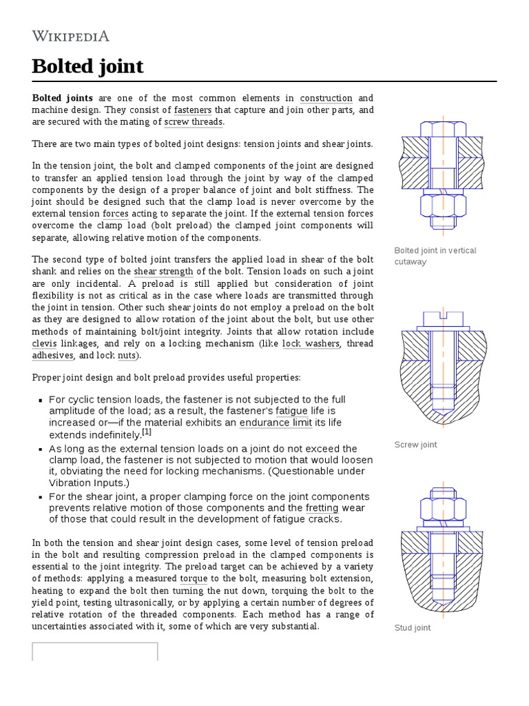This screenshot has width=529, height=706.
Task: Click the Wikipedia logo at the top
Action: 71,37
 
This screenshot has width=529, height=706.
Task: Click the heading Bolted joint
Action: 87,66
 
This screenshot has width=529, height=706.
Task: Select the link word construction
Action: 326,98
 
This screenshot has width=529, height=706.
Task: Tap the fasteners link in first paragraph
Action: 192,110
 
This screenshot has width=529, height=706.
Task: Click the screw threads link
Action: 194,122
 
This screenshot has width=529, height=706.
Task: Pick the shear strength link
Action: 163,271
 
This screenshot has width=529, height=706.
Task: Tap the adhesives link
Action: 52,355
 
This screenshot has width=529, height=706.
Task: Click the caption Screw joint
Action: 415,445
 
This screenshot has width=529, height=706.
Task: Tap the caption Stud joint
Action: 413,628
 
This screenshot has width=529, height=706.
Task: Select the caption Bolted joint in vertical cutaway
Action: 435,256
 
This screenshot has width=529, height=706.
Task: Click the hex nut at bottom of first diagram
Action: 443,205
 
